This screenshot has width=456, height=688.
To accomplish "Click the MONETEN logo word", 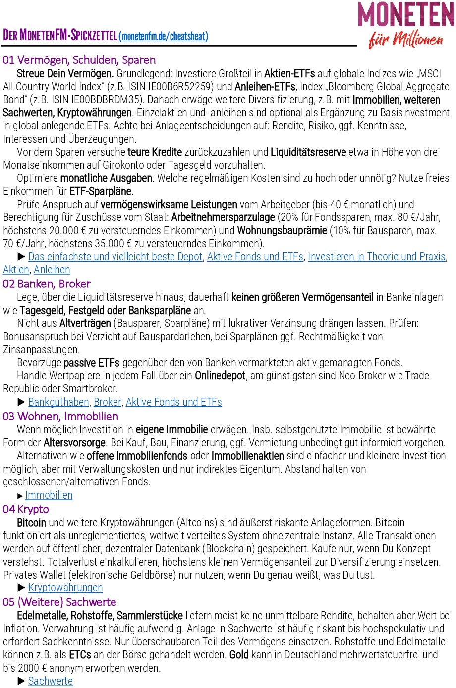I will tap(405, 15).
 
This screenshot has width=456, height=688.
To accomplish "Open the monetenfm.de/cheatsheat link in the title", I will tap(164, 36).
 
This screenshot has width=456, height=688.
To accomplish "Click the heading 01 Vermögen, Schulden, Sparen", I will tap(79, 60).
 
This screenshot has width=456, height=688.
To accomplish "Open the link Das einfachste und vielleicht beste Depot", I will tap(115, 257).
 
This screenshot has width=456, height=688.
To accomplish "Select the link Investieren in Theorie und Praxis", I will tap(377, 257).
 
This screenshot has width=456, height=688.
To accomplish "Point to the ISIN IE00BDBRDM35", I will tap(108, 100).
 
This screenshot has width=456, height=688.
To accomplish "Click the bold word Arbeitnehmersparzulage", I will tap(223, 217).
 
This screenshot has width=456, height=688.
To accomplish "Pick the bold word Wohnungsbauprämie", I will tap(282, 230).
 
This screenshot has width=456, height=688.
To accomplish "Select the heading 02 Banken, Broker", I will tap(47, 284).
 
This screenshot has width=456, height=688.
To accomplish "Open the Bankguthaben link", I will tap(58, 402).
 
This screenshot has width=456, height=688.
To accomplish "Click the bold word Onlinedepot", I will tap(220, 376).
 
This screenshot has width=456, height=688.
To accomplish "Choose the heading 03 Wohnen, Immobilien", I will tap(60, 416).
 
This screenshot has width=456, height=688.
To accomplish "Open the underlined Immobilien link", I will tap(49, 495).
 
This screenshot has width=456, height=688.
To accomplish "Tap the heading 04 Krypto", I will tap(26, 509).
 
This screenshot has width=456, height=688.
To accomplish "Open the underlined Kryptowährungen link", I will tap(65, 588).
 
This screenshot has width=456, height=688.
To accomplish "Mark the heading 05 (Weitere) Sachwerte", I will tap(59, 602).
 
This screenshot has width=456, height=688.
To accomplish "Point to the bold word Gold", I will tap(239, 655).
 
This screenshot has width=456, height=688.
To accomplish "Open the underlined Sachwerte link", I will tap(51, 681).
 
